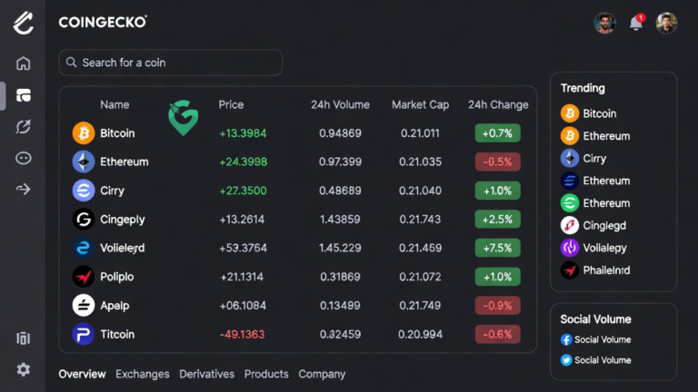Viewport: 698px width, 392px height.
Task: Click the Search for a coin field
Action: (x=170, y=63)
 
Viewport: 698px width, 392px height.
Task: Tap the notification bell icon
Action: (x=636, y=24)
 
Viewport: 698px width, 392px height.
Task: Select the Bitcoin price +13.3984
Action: (x=243, y=133)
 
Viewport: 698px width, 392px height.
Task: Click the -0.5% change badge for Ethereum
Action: (x=497, y=162)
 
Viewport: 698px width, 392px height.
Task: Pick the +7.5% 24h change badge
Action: (x=497, y=248)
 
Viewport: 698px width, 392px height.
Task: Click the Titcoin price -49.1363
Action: (x=243, y=334)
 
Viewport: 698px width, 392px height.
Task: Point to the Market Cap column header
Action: (x=420, y=104)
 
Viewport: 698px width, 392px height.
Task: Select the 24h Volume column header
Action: (x=340, y=104)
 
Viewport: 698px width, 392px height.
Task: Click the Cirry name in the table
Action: (x=113, y=191)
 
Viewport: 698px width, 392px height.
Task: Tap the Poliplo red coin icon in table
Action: (x=84, y=277)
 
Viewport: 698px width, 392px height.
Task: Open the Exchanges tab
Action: (x=143, y=374)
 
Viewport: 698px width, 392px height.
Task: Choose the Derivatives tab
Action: (x=206, y=374)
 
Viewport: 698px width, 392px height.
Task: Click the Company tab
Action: (x=322, y=374)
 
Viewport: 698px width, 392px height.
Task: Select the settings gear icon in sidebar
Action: (x=24, y=369)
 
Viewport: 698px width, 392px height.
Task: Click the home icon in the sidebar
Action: (x=24, y=64)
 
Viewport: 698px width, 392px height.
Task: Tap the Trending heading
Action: (x=583, y=88)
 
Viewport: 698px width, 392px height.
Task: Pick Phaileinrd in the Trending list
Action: (x=606, y=269)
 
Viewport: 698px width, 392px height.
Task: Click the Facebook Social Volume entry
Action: (x=602, y=339)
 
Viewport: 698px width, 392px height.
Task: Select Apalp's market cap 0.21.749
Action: (x=420, y=305)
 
